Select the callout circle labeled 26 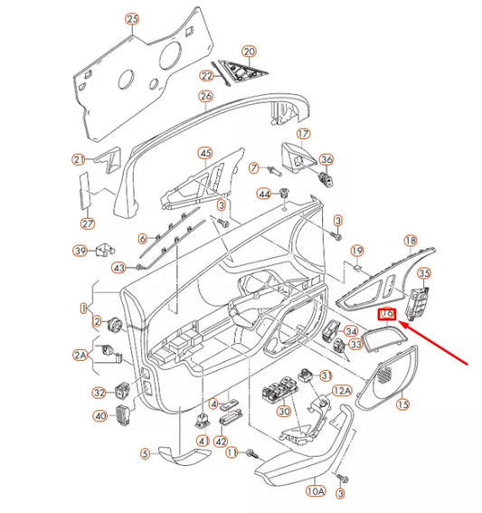pos(205,96)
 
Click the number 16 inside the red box pos(387,314)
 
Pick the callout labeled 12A pos(341,390)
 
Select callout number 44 pos(264,194)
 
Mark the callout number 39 pos(80,251)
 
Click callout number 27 pos(88,223)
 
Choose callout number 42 pos(220,442)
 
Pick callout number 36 pos(326,161)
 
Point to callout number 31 pos(327,375)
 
